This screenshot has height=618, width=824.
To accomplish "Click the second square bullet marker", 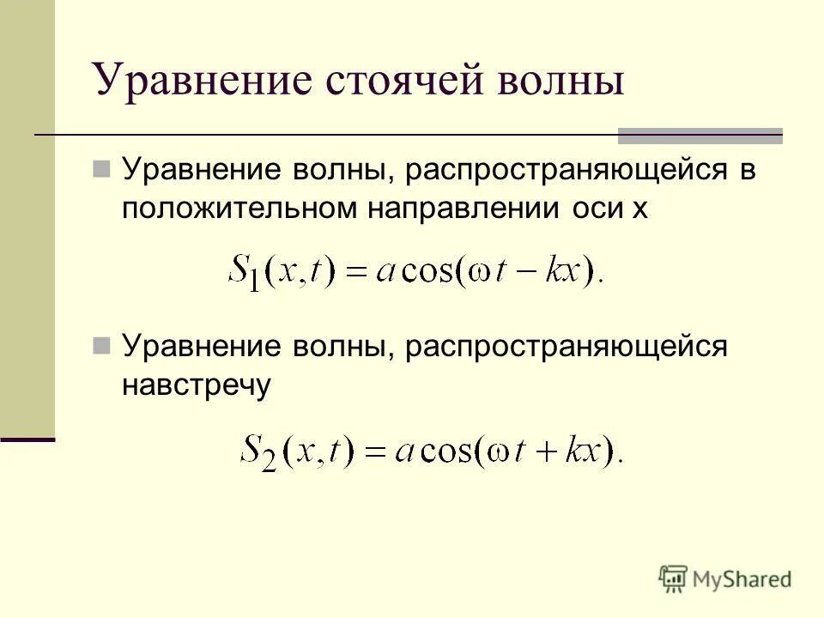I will (x=101, y=346).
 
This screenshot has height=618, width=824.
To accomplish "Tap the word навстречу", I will (x=196, y=385).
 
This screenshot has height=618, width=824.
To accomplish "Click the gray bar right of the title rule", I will (x=700, y=136).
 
